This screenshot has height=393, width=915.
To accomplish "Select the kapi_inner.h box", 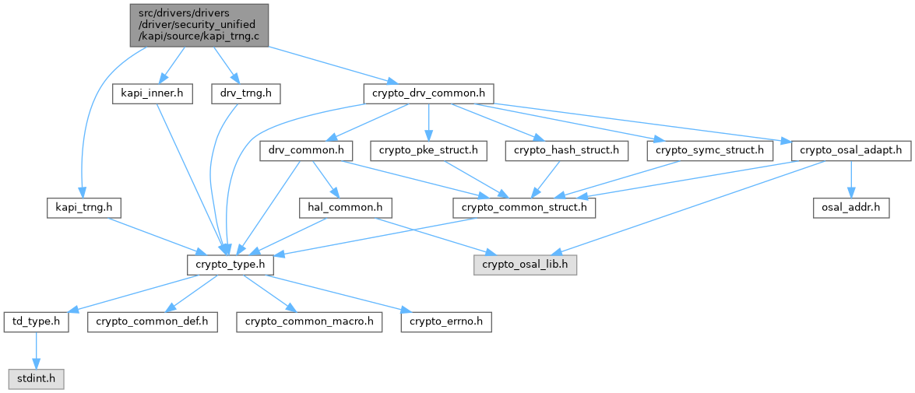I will (152, 93).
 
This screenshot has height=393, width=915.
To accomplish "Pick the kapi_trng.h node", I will (79, 208).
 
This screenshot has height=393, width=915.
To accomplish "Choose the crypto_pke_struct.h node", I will (429, 150).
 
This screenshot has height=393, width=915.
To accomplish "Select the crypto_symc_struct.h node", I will (709, 150).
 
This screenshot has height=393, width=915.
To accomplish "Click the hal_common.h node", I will (345, 208).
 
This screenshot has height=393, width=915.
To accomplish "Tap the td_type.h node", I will (37, 321).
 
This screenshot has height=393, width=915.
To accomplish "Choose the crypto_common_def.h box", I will (151, 321).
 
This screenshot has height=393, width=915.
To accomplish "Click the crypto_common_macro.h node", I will (310, 321).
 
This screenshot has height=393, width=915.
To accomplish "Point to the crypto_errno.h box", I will (445, 321).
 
